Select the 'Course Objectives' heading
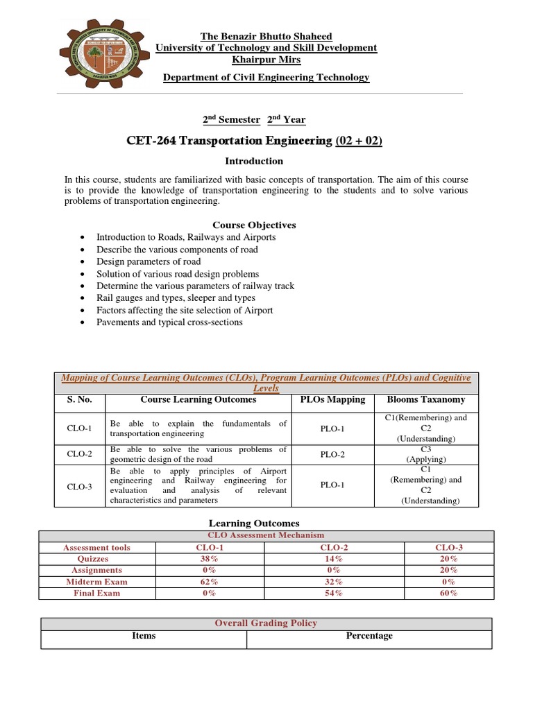(254, 225)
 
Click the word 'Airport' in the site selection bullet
(257, 310)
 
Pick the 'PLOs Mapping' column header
(332, 399)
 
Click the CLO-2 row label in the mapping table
(80, 455)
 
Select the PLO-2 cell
(332, 455)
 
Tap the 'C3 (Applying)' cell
(426, 455)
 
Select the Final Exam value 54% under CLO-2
(323, 593)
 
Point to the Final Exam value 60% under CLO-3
(448, 593)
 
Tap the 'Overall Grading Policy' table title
(266, 623)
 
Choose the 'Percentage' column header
(369, 636)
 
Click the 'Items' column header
(144, 636)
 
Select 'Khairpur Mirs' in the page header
(266, 60)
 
